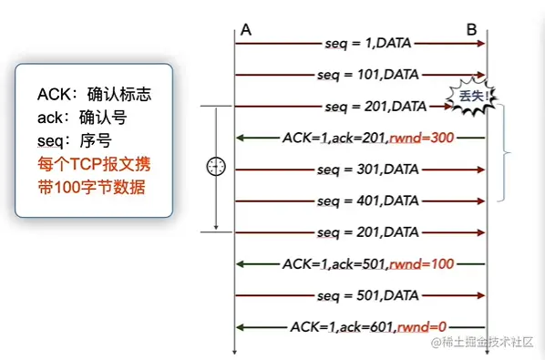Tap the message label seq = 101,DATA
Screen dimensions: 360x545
point(367,75)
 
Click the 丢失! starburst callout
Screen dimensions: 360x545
point(475,95)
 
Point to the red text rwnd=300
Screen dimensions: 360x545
point(420,138)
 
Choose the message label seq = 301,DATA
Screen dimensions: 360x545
point(367,170)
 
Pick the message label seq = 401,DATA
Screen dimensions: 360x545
point(367,201)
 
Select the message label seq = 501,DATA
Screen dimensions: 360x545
point(367,295)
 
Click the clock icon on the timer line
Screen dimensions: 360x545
point(216,167)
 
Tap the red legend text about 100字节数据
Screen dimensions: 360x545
point(91,177)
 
